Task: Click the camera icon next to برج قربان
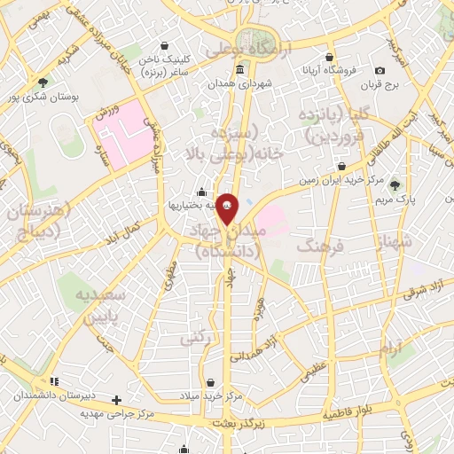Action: click(380, 71)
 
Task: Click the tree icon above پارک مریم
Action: click(395, 185)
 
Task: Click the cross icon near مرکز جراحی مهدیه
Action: click(116, 400)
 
